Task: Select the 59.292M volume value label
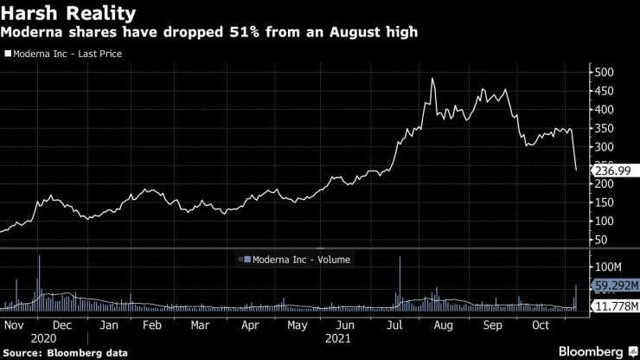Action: point(615,285)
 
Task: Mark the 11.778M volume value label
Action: point(615,306)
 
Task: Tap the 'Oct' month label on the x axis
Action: point(541,325)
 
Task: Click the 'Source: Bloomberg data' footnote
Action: point(66,352)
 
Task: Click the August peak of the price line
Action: point(432,79)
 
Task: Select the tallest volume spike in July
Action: point(400,258)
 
